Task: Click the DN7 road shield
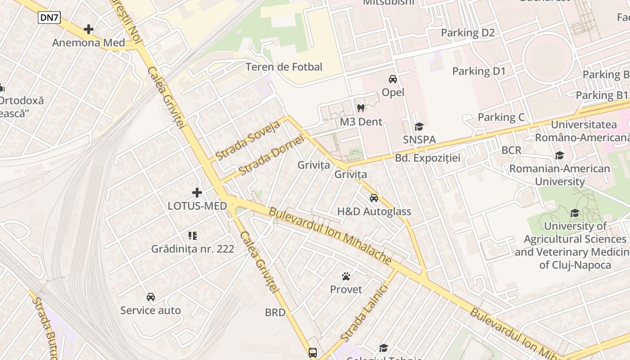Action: click(49, 18)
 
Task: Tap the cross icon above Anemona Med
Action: click(89, 30)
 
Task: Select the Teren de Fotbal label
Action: click(283, 67)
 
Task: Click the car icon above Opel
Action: click(393, 79)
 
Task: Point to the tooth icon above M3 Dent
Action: click(360, 108)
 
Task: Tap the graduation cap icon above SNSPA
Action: click(419, 127)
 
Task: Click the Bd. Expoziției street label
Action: click(427, 158)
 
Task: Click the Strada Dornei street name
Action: click(271, 156)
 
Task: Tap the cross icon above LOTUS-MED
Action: click(197, 193)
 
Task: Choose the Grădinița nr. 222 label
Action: click(193, 249)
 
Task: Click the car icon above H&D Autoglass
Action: click(374, 198)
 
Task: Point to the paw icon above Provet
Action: click(346, 276)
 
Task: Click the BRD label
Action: click(275, 312)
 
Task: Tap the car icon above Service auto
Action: click(151, 297)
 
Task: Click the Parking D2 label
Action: click(468, 32)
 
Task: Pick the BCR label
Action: click(511, 150)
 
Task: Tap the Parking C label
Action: click(501, 117)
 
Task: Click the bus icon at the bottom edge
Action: click(313, 352)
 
